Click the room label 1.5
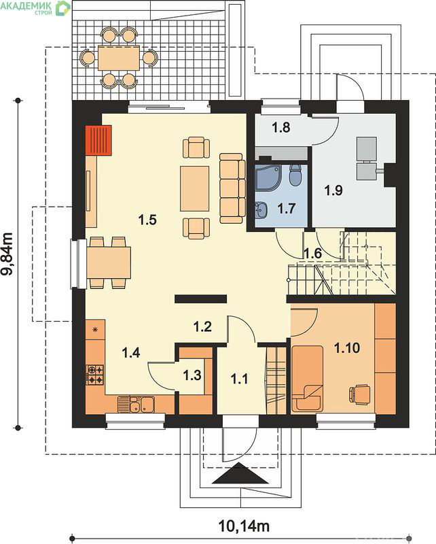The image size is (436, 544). (x=147, y=220)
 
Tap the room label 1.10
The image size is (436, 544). (x=347, y=347)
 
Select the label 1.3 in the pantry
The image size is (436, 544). (x=192, y=375)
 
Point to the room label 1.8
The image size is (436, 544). (x=280, y=127)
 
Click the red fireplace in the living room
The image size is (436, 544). (x=98, y=140)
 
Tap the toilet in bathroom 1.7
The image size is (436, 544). (x=295, y=175)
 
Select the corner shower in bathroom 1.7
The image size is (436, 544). (x=267, y=177)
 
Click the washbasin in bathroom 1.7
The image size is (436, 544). (x=261, y=210)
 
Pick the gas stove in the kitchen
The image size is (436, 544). (x=94, y=375)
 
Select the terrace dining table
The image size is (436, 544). (x=119, y=58)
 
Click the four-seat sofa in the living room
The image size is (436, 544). (x=231, y=188)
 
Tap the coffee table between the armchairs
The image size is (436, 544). (x=194, y=188)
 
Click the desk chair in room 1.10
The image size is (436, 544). (x=359, y=394)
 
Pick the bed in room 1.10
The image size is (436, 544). (x=307, y=378)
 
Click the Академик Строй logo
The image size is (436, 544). (x=35, y=7)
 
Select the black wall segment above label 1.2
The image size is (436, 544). (x=200, y=299)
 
